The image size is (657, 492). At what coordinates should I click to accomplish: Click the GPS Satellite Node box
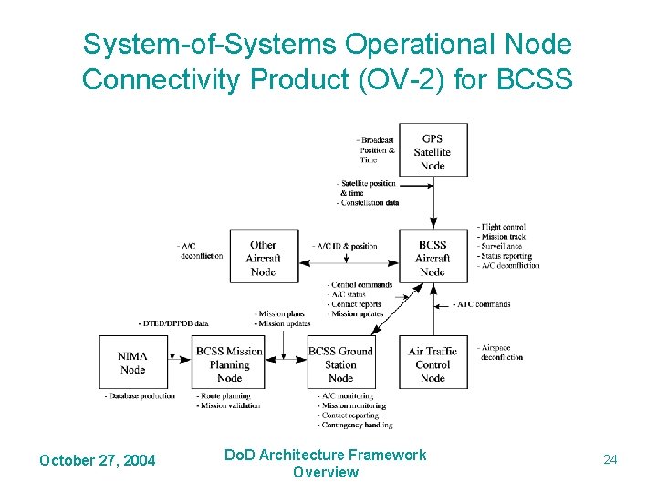pyautogui.click(x=433, y=150)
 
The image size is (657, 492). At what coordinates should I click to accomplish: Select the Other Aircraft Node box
pyautogui.click(x=263, y=258)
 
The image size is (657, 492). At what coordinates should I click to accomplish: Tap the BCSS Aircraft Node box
pyautogui.click(x=433, y=258)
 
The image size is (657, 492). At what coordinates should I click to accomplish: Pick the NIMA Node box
pyautogui.click(x=133, y=363)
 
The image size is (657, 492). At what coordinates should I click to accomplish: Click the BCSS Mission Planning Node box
pyautogui.click(x=229, y=364)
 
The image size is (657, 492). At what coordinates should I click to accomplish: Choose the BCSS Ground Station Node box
pyautogui.click(x=340, y=364)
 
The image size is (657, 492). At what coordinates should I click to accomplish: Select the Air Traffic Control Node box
pyautogui.click(x=433, y=364)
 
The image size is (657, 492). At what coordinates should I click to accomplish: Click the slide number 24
pyautogui.click(x=610, y=459)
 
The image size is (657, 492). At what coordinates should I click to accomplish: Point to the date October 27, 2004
pyautogui.click(x=97, y=460)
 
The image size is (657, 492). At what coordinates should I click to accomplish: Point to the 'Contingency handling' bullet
pyautogui.click(x=357, y=425)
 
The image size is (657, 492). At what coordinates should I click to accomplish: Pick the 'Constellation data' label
pyautogui.click(x=369, y=202)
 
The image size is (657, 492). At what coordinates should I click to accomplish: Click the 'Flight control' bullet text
pyautogui.click(x=503, y=227)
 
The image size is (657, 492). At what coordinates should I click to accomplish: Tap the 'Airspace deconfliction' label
pyautogui.click(x=501, y=353)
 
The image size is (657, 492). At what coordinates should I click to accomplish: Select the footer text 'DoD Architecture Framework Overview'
pyautogui.click(x=326, y=463)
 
